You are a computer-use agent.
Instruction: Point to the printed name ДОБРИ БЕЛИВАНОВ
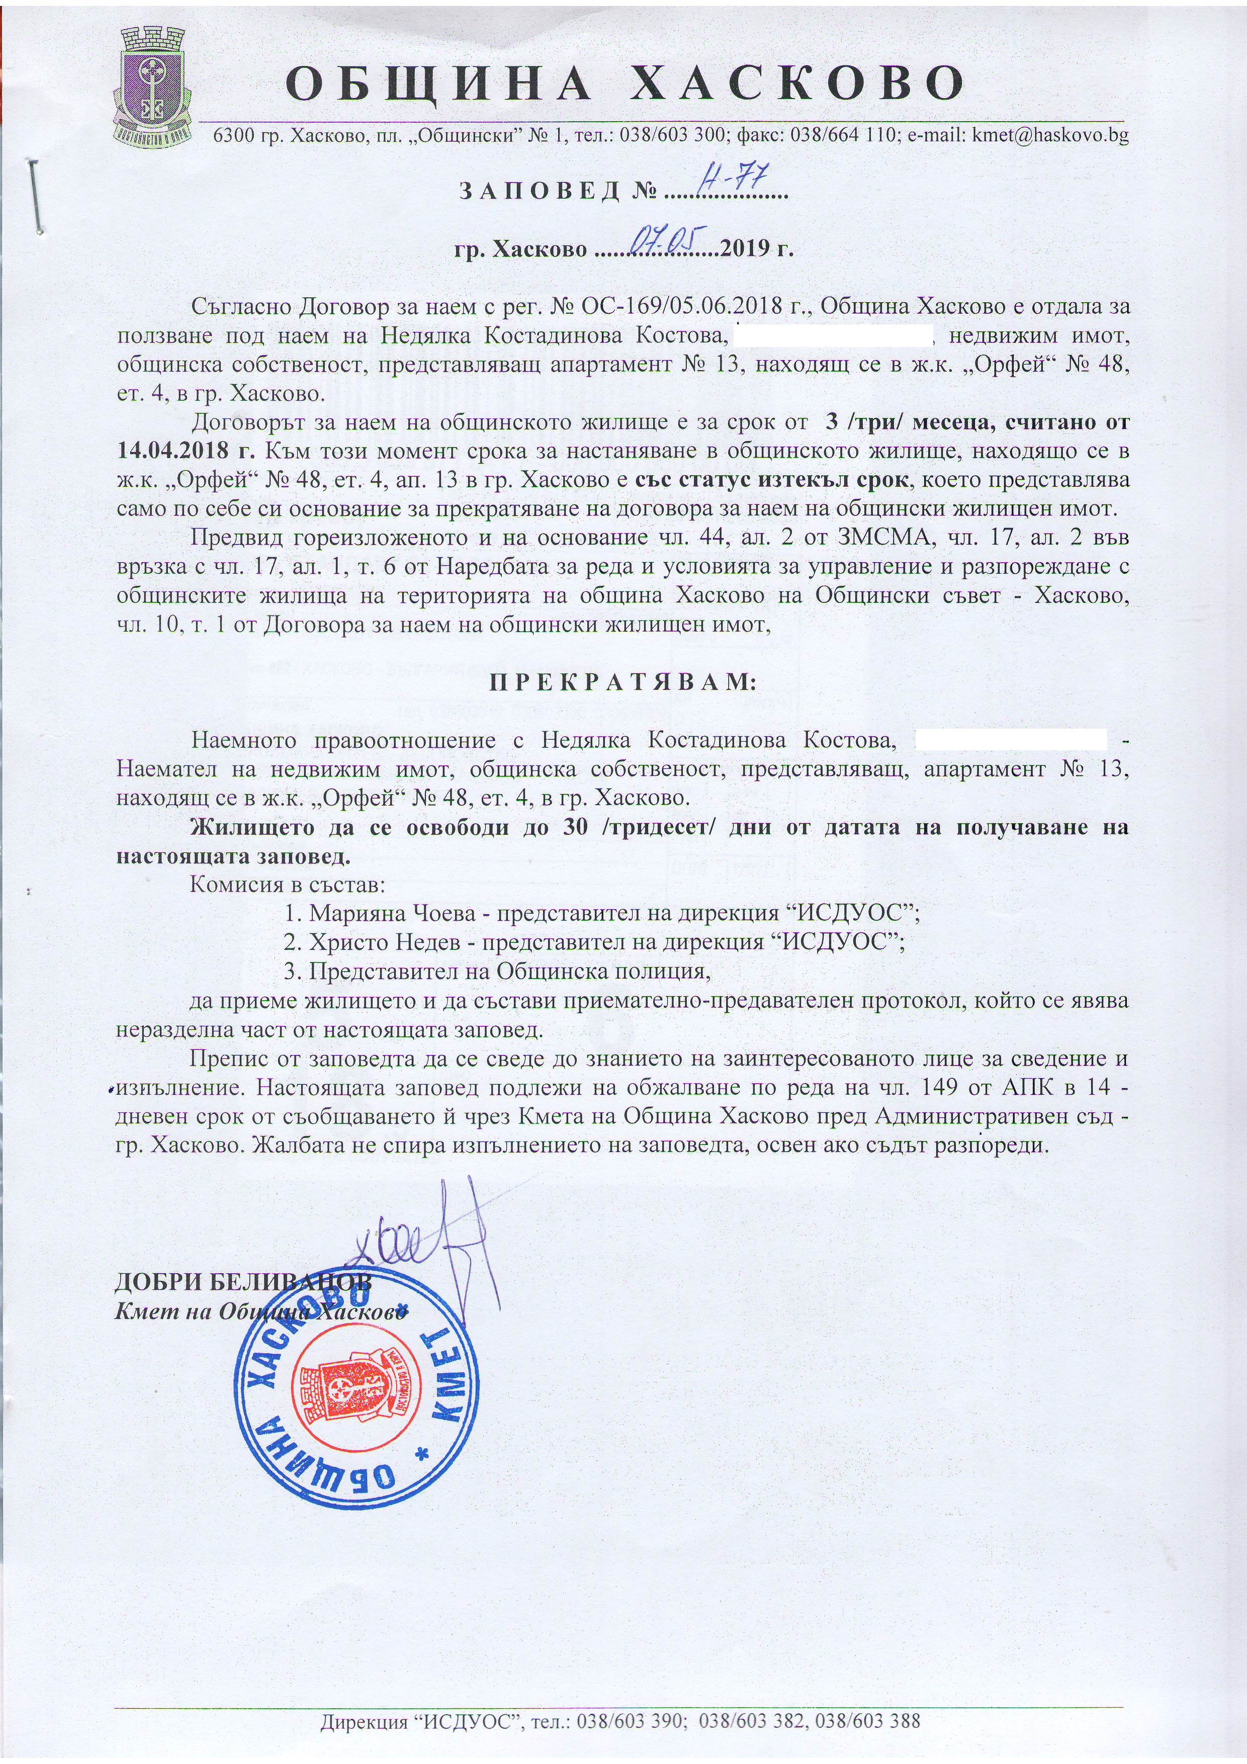pyautogui.click(x=242, y=1281)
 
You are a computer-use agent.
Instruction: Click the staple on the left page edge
pyautogui.click(x=35, y=197)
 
